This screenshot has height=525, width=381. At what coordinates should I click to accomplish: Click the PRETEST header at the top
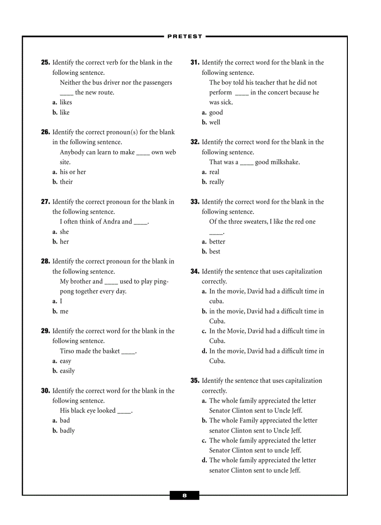pos(185,36)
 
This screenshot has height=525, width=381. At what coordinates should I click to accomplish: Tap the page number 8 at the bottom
pos(184,496)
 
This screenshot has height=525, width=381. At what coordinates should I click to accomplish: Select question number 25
pos(45,63)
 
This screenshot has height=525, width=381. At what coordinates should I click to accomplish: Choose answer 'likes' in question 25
pos(66,102)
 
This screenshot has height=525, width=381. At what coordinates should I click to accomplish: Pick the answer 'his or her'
pos(73,172)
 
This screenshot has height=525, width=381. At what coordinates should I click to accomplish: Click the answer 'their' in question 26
pos(66,182)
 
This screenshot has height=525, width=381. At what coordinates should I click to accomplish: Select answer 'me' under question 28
pos(64,311)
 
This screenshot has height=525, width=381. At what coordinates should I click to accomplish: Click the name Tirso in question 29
pos(68,351)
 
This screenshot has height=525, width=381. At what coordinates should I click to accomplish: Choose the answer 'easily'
pos(67,371)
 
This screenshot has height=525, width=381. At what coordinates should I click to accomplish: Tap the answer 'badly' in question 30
pos(67,431)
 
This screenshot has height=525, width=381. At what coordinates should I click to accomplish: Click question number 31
pos(195,63)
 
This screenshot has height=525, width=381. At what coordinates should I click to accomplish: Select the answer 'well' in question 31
pos(215,122)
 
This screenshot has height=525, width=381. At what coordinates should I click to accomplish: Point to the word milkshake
pos(283,162)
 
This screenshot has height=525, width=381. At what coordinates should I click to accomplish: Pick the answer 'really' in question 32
pos(217,182)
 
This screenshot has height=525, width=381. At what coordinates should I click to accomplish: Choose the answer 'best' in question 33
pos(215,252)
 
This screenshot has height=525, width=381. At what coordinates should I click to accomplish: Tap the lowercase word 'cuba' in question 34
pos(216,302)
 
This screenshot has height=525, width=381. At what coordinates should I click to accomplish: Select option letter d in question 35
pos(204,460)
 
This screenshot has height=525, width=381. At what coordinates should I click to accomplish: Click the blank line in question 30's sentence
pos(124,411)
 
